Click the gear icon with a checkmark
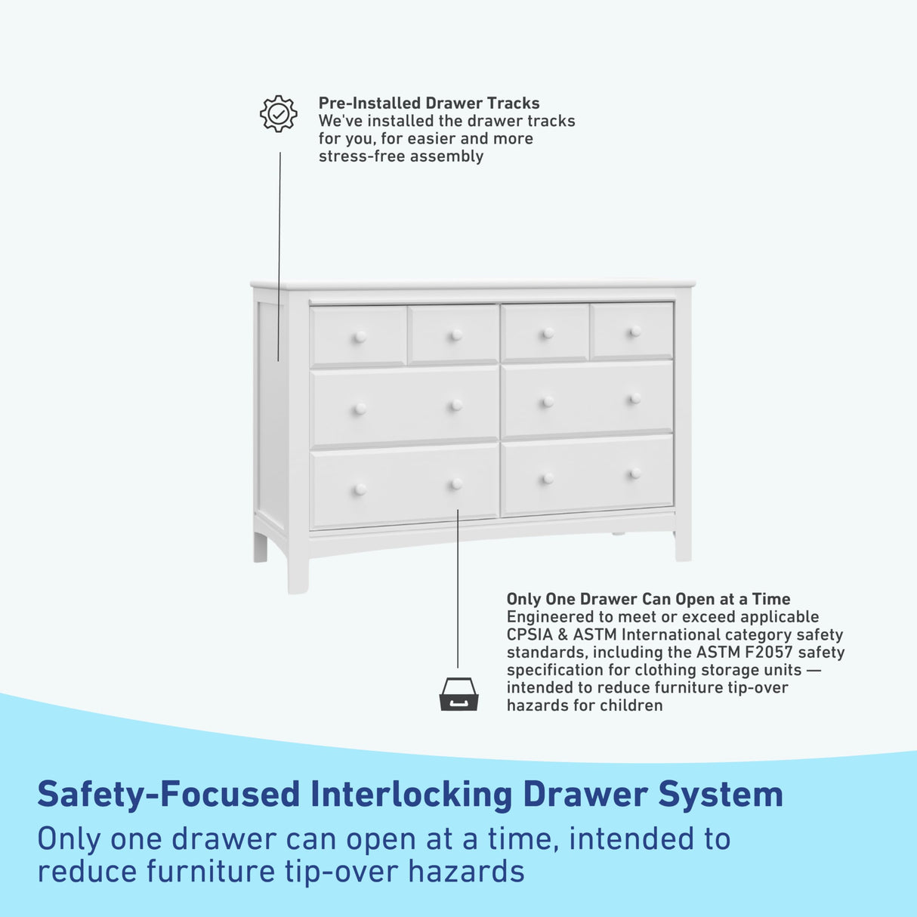(x=278, y=114)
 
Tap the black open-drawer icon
(x=458, y=694)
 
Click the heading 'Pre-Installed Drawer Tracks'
(x=429, y=103)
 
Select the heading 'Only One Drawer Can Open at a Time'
(x=648, y=599)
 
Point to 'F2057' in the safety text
(x=764, y=652)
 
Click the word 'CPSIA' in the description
(x=530, y=634)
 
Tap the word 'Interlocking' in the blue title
(x=411, y=795)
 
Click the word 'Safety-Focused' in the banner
(x=168, y=795)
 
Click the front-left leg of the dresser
(x=298, y=573)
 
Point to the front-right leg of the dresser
(x=683, y=545)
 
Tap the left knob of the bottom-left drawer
(x=360, y=489)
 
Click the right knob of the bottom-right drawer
(x=634, y=474)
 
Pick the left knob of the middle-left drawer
(x=360, y=409)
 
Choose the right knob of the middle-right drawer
(x=634, y=398)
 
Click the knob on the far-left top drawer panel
(x=360, y=337)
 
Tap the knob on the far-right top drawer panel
(x=634, y=331)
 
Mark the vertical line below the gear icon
(x=279, y=257)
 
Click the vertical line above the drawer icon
(x=457, y=589)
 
